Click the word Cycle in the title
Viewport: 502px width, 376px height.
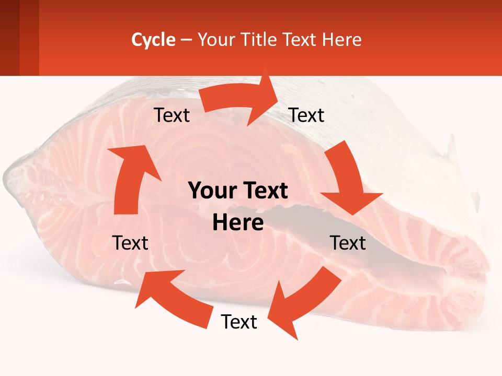153,40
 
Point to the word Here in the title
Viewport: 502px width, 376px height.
342,40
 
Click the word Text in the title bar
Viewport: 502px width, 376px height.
299,40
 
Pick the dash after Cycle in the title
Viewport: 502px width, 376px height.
186,40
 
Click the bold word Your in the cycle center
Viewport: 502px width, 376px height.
212,191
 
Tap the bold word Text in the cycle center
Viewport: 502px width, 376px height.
265,191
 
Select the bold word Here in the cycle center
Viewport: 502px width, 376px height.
238,222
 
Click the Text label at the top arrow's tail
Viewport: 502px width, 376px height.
172,115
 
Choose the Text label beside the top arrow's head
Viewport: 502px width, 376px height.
306,115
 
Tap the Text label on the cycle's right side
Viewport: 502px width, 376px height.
348,243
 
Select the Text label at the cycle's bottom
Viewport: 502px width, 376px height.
238,322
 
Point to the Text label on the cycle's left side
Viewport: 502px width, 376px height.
130,243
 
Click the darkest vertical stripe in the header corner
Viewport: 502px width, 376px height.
9,38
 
